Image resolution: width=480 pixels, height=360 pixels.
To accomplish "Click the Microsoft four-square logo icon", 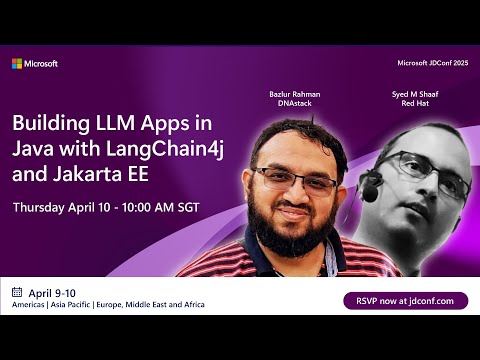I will pos(17,64).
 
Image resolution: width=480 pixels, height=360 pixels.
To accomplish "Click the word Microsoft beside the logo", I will pos(41,64).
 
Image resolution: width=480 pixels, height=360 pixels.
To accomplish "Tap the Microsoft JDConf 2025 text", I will pos(432,64).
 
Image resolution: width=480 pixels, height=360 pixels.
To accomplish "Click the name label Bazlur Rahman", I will pos(293,93).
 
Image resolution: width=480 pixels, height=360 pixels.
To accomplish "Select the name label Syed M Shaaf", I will pos(415,93).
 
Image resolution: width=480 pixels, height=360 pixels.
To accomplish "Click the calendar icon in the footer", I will pos(17,292).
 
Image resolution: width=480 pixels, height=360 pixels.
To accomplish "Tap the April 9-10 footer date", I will pos(53,292).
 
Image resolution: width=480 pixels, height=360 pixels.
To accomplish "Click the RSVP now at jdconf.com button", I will pos(405,300).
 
